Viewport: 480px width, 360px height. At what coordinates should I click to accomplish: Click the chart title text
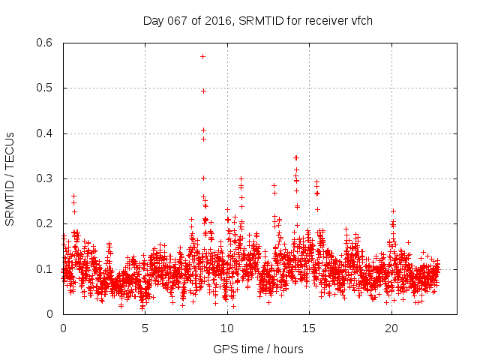point(257,20)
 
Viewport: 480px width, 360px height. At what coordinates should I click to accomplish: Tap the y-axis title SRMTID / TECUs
point(10,178)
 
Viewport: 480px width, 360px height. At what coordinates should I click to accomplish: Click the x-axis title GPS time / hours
point(257,349)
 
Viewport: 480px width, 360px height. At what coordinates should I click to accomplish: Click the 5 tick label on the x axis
point(145,328)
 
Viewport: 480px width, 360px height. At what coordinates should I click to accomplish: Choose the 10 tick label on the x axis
point(227,328)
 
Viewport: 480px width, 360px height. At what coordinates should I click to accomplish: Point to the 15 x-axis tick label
point(309,328)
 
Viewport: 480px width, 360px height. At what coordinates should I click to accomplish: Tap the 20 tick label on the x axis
point(391,328)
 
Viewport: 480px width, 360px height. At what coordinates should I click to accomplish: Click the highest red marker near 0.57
point(202,56)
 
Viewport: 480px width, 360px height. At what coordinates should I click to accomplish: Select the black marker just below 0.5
point(202,91)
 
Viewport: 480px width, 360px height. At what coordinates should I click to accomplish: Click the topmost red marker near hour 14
point(296,157)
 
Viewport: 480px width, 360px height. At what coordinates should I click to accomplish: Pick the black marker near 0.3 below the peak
point(203,178)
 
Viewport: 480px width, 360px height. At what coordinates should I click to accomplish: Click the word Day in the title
point(153,20)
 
